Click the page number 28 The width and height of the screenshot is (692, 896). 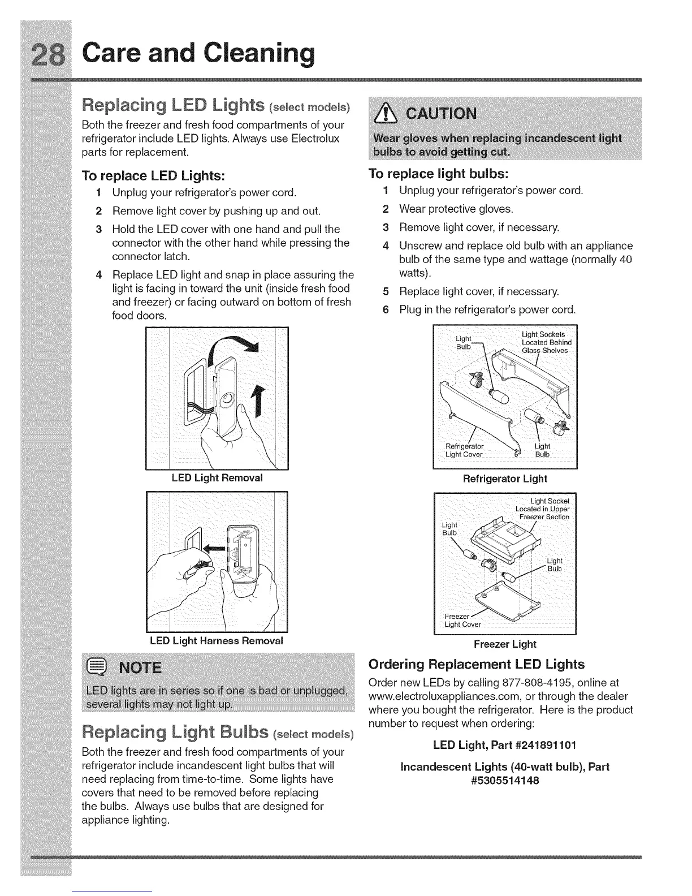click(x=46, y=54)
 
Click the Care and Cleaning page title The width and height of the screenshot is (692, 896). click(x=195, y=53)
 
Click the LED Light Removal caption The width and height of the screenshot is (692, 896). click(x=217, y=478)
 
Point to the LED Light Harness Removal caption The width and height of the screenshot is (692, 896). click(x=216, y=641)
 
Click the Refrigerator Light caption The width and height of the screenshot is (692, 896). click(x=505, y=479)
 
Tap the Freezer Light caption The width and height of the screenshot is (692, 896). click(x=505, y=644)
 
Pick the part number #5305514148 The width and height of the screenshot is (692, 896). click(x=505, y=781)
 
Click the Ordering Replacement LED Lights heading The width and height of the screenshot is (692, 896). click(x=476, y=664)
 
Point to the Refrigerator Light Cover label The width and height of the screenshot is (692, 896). click(x=464, y=450)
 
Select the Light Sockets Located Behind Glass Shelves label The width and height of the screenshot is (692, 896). click(x=546, y=342)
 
